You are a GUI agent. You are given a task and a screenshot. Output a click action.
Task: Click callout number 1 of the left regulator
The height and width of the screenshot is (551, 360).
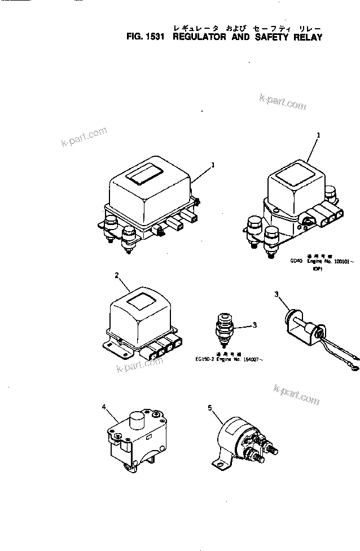(x=213, y=165)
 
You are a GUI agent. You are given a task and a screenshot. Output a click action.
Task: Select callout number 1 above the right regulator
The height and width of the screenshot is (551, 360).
(x=319, y=135)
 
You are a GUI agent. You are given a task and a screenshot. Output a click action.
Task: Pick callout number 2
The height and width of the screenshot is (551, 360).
(x=116, y=275)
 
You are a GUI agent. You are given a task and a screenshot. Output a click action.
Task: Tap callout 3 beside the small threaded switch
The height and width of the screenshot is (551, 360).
(x=254, y=325)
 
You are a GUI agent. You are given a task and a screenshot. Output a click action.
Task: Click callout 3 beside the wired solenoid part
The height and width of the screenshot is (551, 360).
(x=276, y=294)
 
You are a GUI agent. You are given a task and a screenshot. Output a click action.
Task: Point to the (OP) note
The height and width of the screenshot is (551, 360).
(x=318, y=270)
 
